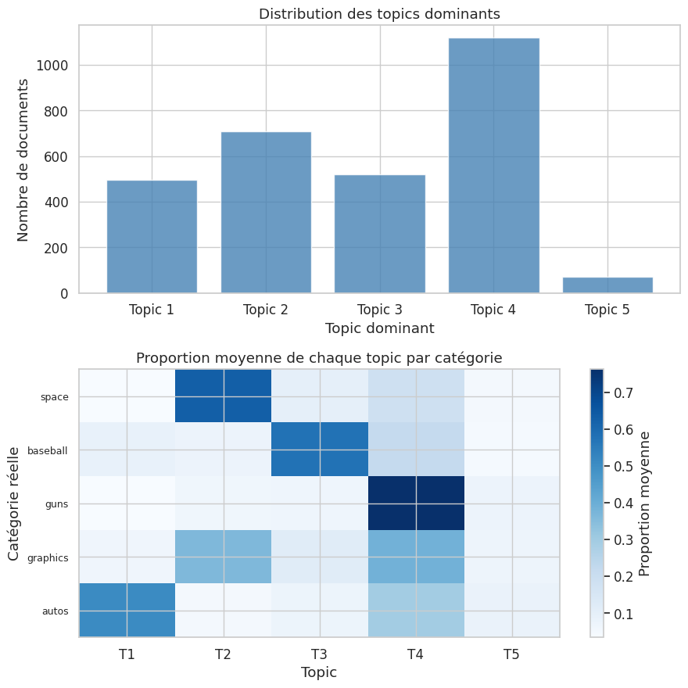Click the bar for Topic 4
[x=493, y=166]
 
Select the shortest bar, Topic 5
[x=607, y=285]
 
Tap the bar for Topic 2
[x=266, y=213]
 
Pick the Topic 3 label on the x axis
[x=379, y=310]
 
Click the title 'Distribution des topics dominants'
[x=379, y=14]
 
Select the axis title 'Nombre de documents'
[x=23, y=159]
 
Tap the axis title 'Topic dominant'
[x=379, y=328]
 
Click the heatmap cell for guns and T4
[x=416, y=503]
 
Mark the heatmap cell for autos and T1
[x=127, y=611]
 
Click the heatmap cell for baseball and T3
[x=320, y=450]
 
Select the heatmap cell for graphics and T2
[x=224, y=557]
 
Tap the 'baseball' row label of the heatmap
[x=47, y=451]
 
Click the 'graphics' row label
[x=47, y=558]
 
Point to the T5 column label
[x=511, y=654]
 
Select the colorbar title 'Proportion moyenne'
[x=645, y=503]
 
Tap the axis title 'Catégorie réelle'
[x=14, y=503]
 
